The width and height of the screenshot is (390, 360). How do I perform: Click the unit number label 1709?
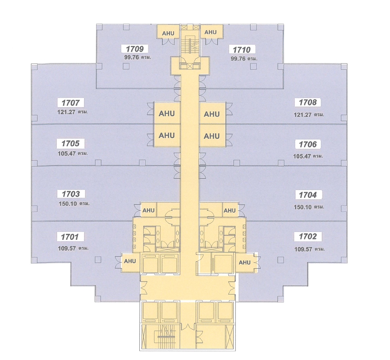click(x=135, y=49)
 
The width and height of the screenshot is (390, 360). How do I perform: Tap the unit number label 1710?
click(x=242, y=49)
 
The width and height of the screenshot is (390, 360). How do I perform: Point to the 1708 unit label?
click(x=307, y=103)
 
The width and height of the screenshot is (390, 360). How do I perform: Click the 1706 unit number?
click(x=307, y=144)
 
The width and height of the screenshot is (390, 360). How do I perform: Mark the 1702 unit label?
click(x=307, y=236)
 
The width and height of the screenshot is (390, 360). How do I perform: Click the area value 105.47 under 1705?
click(x=67, y=153)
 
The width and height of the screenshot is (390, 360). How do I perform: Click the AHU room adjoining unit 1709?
click(x=168, y=33)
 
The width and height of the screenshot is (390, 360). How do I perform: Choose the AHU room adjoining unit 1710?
click(x=211, y=32)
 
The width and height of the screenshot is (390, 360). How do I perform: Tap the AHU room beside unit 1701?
click(x=130, y=261)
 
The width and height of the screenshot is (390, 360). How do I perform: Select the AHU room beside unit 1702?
click(x=245, y=262)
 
